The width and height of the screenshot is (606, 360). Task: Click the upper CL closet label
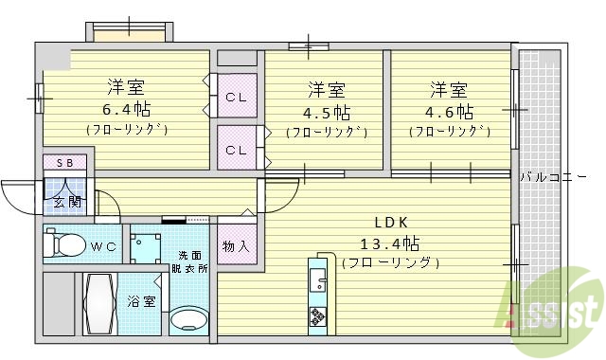coord(236,99)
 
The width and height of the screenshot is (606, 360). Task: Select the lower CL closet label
coord(236,150)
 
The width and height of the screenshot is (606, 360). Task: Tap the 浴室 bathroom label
coord(141,301)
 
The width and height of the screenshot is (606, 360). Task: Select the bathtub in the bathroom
coord(100,303)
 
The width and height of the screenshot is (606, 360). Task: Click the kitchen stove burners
coord(315,315)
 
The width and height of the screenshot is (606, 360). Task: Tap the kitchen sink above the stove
coord(316,279)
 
